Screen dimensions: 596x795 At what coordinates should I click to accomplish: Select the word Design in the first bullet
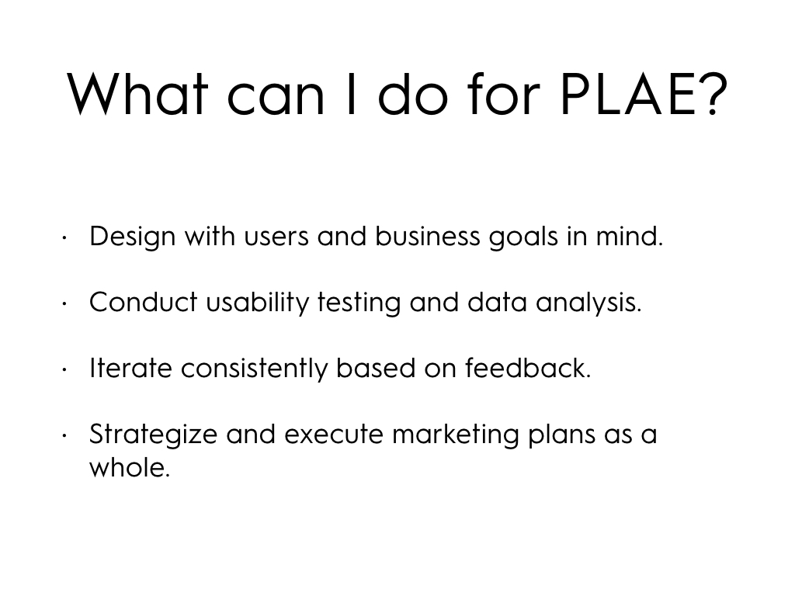coord(133,237)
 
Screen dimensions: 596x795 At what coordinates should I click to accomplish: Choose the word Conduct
coord(144,302)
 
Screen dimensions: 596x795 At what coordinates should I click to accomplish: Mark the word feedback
coord(528,368)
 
